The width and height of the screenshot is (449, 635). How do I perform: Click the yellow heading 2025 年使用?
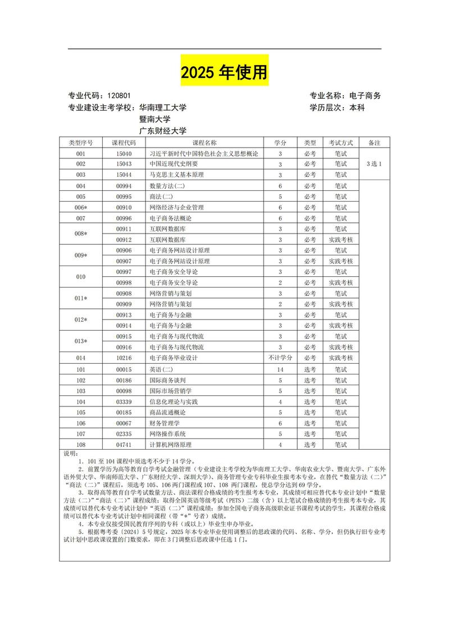224,72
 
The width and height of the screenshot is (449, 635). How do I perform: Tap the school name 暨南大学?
155,119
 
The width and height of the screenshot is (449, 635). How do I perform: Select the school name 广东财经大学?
163,131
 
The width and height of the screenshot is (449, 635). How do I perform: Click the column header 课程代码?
124,143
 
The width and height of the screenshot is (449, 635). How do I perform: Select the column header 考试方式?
341,143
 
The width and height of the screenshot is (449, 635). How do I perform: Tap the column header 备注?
374,143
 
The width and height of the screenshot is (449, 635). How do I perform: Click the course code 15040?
124,154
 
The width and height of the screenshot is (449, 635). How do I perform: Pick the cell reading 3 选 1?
374,164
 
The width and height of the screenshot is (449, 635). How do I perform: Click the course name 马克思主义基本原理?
177,175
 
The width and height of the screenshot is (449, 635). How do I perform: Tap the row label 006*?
81,207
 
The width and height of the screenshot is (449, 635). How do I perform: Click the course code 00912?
124,240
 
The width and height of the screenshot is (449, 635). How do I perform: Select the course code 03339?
124,401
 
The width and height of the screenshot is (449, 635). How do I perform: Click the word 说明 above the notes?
70,453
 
